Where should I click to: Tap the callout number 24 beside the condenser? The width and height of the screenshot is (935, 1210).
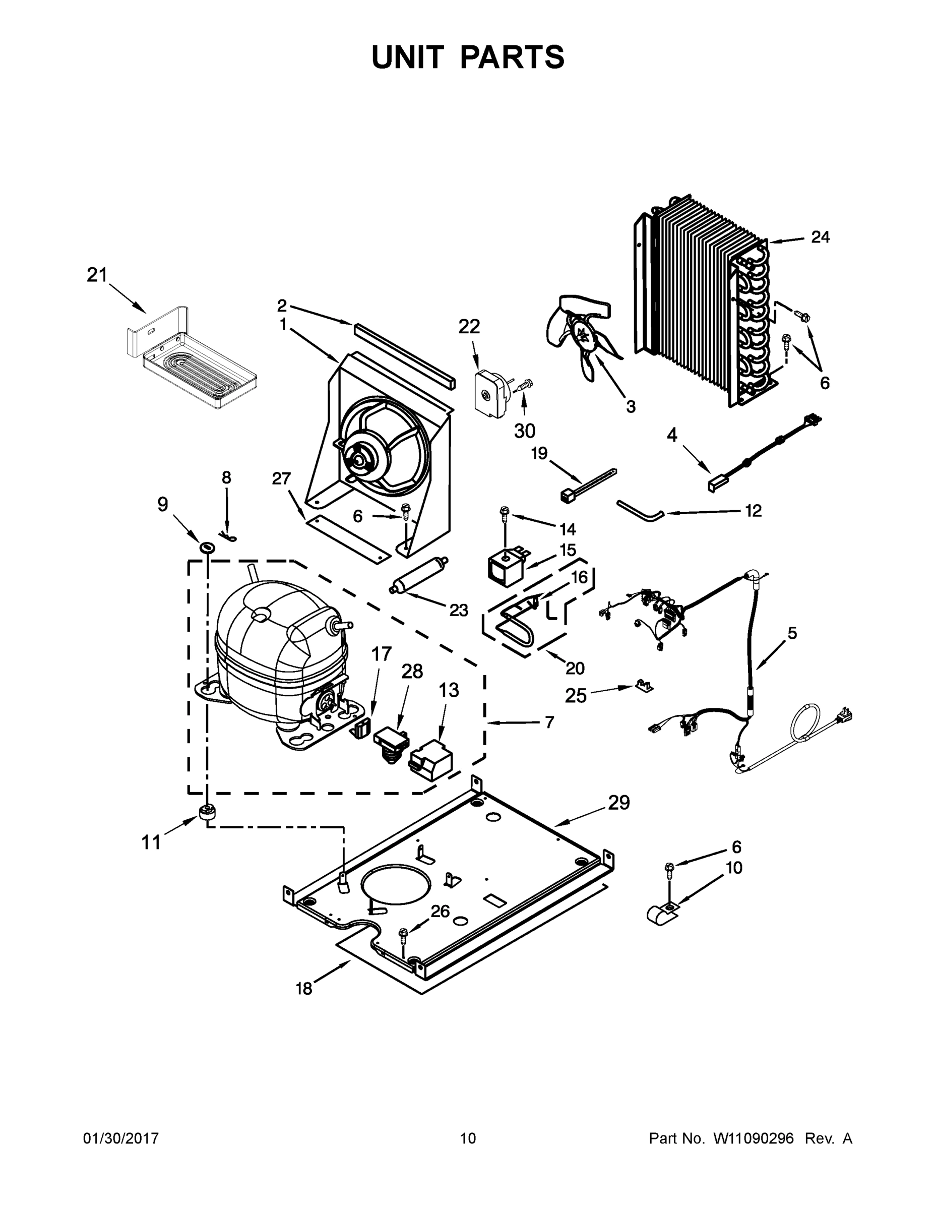click(x=821, y=237)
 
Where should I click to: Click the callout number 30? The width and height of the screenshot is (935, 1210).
click(x=525, y=431)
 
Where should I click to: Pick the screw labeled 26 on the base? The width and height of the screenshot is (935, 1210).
click(x=403, y=936)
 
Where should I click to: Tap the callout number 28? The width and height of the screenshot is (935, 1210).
click(x=412, y=672)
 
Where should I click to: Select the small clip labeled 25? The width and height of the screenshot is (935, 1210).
click(x=643, y=687)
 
